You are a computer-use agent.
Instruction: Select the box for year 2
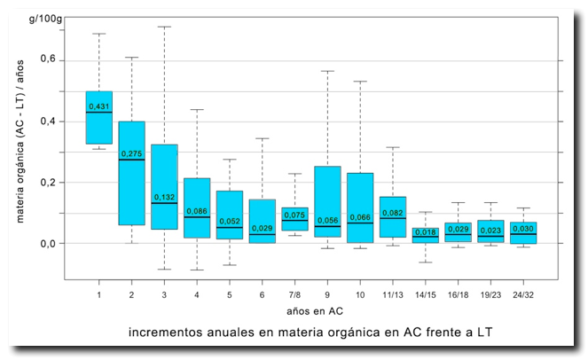(x=131, y=173)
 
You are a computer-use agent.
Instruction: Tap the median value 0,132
(x=164, y=197)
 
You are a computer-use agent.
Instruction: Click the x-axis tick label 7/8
(x=294, y=293)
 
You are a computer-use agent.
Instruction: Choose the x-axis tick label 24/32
(x=522, y=293)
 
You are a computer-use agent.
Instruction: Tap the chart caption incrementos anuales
(x=310, y=333)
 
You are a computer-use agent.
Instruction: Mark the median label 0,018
(x=425, y=231)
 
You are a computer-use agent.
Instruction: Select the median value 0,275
(x=131, y=153)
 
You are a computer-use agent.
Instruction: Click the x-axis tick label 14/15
(x=425, y=293)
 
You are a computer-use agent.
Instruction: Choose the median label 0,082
(x=392, y=213)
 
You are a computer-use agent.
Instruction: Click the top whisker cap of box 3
(x=164, y=27)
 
